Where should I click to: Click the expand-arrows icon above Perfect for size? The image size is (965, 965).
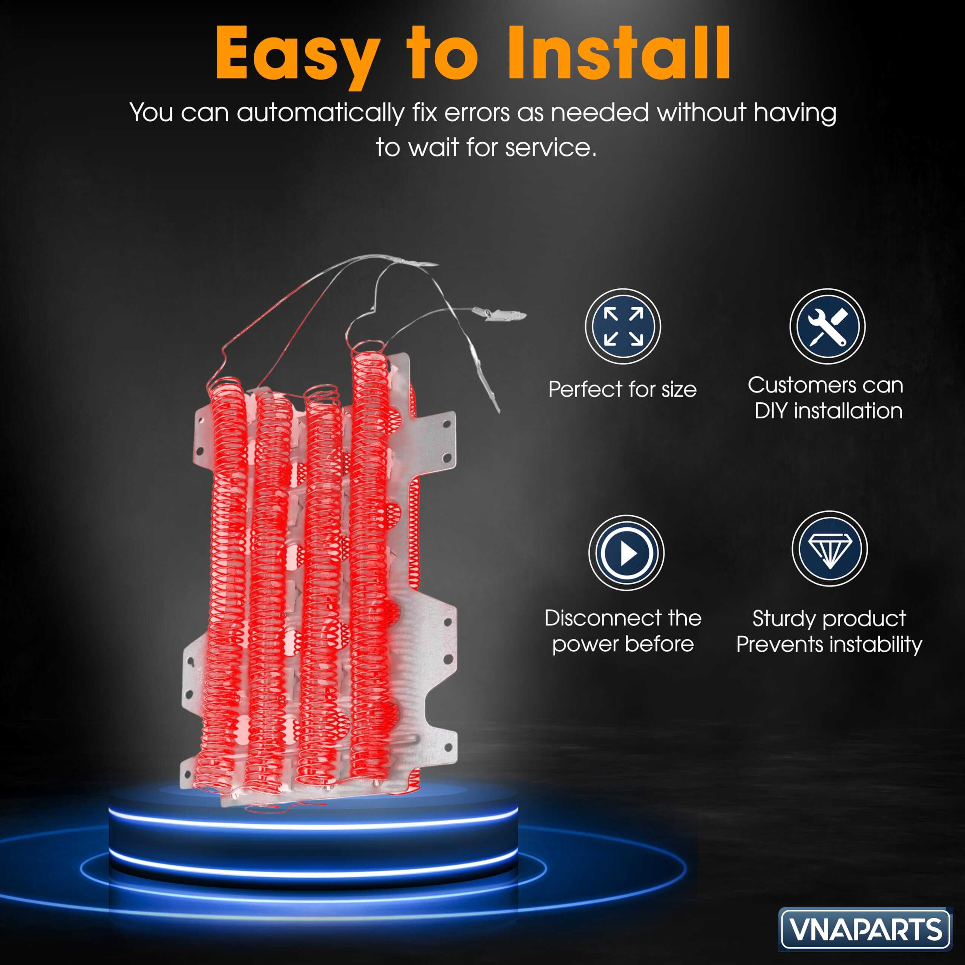tap(623, 326)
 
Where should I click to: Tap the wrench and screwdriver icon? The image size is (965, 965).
tap(827, 326)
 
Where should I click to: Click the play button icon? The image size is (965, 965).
tap(626, 553)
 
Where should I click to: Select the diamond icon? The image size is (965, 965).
tap(830, 548)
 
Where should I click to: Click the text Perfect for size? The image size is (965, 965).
tap(622, 389)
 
